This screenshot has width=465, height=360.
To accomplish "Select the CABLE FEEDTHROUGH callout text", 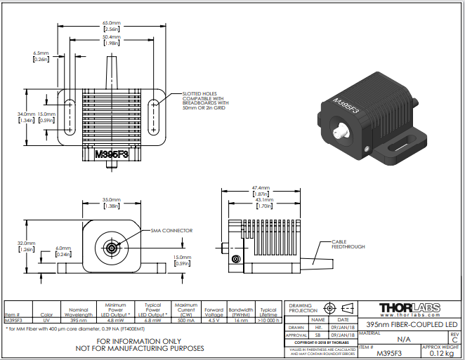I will pyautogui.click(x=347, y=245).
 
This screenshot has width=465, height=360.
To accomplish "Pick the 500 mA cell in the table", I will pyautogui.click(x=186, y=320).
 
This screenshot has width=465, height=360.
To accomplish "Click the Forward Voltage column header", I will pyautogui.click(x=214, y=312).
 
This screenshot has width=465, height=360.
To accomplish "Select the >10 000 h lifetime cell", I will pyautogui.click(x=268, y=320).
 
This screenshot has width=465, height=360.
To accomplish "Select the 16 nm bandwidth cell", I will pyautogui.click(x=241, y=320).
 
